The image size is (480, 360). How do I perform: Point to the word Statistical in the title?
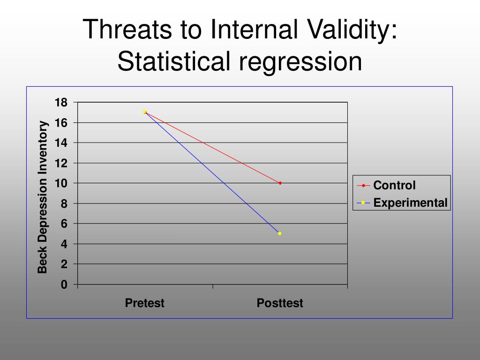tap(173, 61)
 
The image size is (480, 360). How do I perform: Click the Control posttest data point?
tap(280, 183)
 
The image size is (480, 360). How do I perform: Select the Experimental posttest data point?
tap(279, 233)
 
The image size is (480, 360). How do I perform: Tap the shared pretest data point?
tap(144, 112)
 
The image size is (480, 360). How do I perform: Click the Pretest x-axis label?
tap(144, 303)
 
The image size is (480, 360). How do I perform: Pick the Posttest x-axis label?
tap(280, 303)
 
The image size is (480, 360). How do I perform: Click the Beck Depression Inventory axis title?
tap(43, 197)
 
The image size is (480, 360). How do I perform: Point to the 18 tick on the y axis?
tap(61, 103)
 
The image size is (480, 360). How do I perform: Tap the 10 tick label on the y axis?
tap(61, 183)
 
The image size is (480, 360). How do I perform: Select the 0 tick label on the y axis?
tap(64, 285)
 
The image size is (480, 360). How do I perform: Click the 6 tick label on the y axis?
tap(64, 224)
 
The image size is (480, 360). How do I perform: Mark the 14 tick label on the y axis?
tap(61, 143)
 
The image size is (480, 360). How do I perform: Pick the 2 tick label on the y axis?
tap(64, 264)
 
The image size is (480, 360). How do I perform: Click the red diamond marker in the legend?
tap(363, 186)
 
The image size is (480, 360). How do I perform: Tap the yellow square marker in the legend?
tap(363, 202)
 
